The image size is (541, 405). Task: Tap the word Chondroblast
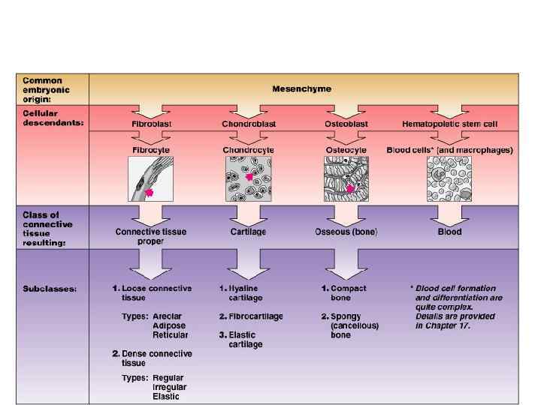[x=248, y=123]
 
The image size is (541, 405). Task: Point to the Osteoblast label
[x=346, y=123]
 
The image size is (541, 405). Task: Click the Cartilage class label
[x=248, y=232]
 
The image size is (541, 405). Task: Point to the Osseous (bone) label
[x=346, y=232]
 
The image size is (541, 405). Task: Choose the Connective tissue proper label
[x=151, y=236]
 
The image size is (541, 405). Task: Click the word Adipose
[x=169, y=326]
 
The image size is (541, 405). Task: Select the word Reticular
[x=171, y=335]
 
